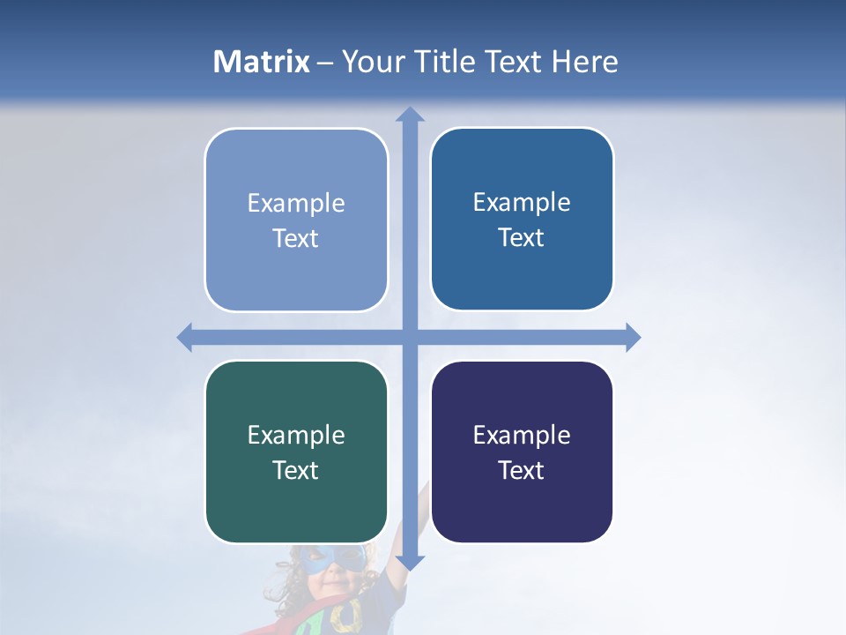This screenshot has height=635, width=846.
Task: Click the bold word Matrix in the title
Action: (262, 62)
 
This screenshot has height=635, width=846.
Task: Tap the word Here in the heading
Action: (584, 62)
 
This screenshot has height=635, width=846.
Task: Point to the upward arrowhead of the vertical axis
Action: (410, 115)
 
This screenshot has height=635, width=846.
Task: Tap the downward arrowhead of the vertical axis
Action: (410, 562)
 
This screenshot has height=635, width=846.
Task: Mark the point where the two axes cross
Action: (410, 337)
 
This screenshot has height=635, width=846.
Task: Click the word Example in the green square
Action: (296, 435)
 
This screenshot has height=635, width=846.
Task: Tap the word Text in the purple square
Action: (522, 470)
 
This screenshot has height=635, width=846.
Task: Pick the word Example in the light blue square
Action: (296, 203)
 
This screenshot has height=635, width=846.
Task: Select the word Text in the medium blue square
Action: (522, 237)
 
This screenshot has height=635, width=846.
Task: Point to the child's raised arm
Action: (416, 529)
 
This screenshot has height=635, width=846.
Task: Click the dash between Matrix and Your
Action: (325, 63)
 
